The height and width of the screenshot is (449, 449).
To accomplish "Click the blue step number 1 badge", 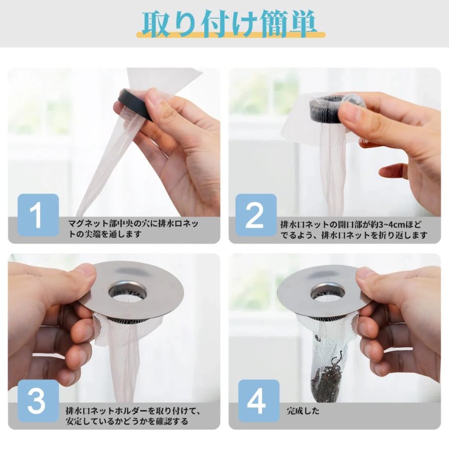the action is point(38,215).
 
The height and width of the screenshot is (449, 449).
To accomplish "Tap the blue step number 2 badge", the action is point(256,215).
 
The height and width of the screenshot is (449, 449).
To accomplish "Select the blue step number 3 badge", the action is point(38,401).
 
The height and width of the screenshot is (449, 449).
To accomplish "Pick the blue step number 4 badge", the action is point(259,401).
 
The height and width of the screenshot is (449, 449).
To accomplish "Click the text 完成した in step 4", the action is point(303,411).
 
